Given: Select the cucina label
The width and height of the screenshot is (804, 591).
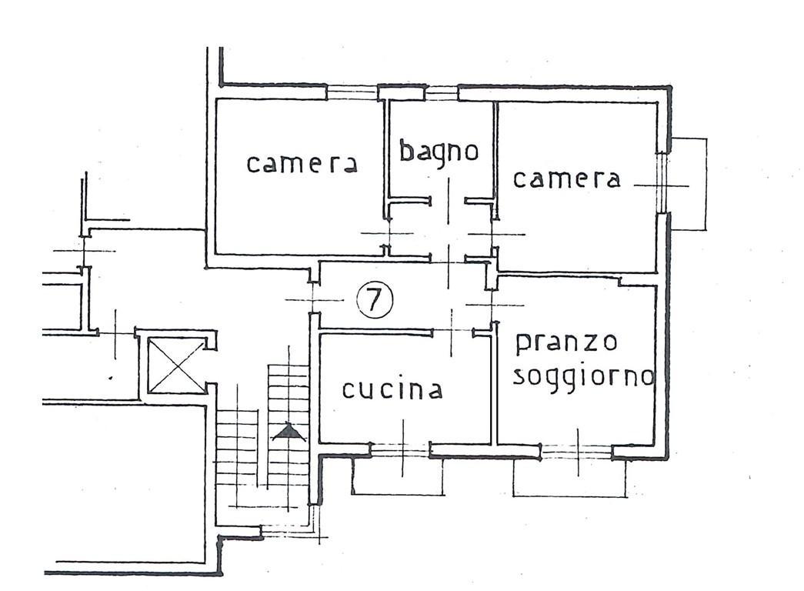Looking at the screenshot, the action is (392, 390).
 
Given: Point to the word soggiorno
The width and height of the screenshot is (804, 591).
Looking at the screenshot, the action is (584, 378).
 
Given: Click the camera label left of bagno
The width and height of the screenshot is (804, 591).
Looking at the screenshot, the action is (302, 164).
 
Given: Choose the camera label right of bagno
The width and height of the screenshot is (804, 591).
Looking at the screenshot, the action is (566, 179).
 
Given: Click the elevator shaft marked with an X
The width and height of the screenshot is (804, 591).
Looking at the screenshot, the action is (176, 366).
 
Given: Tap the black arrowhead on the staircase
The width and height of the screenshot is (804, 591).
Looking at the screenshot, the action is (289, 432).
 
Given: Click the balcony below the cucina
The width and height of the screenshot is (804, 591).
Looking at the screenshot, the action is (399, 476).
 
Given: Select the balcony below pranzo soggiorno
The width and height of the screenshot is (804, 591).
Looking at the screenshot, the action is (569, 478).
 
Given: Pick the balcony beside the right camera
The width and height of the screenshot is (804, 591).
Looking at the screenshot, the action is (689, 183).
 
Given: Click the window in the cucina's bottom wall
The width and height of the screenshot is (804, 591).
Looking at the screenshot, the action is (400, 449).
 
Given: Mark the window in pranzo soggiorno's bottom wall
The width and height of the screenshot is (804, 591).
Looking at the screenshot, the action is (577, 452).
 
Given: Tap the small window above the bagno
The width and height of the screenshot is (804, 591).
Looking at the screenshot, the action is (442, 93).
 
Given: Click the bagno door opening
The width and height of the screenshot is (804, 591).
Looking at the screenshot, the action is (448, 200).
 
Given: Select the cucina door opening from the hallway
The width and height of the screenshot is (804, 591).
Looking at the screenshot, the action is (452, 332).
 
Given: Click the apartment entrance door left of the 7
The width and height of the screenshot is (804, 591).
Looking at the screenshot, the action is (313, 298).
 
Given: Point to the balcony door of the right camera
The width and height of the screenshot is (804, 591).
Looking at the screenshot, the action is (663, 182).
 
